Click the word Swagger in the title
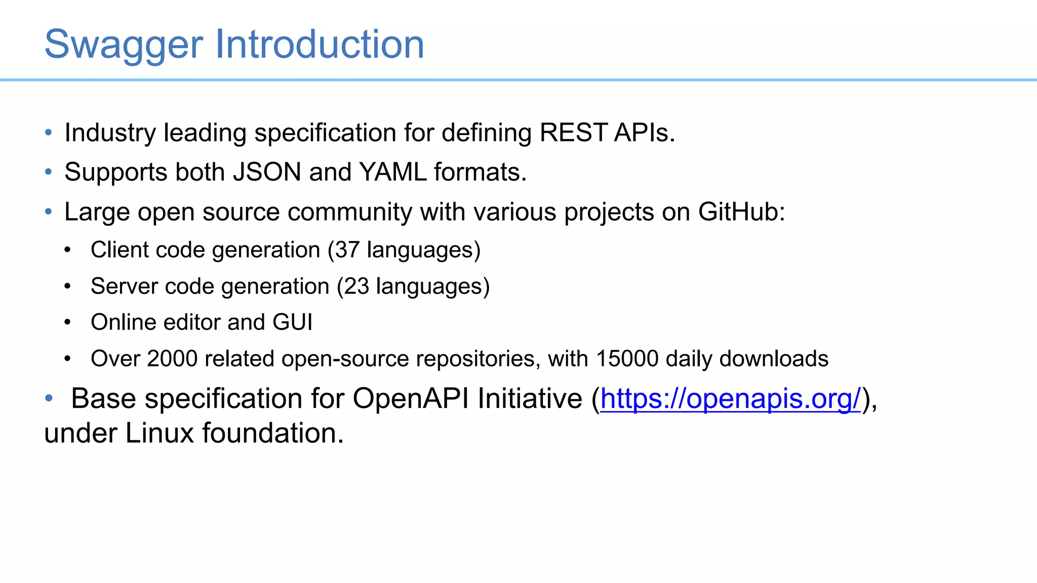coord(124,45)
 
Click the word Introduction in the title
coord(320,45)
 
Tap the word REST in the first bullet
coord(573,133)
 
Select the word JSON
coord(267,172)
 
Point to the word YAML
coord(393,172)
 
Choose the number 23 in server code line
coord(356,286)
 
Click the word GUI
coord(292,322)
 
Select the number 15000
coord(627,359)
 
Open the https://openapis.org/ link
coord(730,399)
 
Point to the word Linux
coord(159,434)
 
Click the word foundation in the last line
coord(272,434)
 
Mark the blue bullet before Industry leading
coord(49,133)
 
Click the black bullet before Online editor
coord(67,322)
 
